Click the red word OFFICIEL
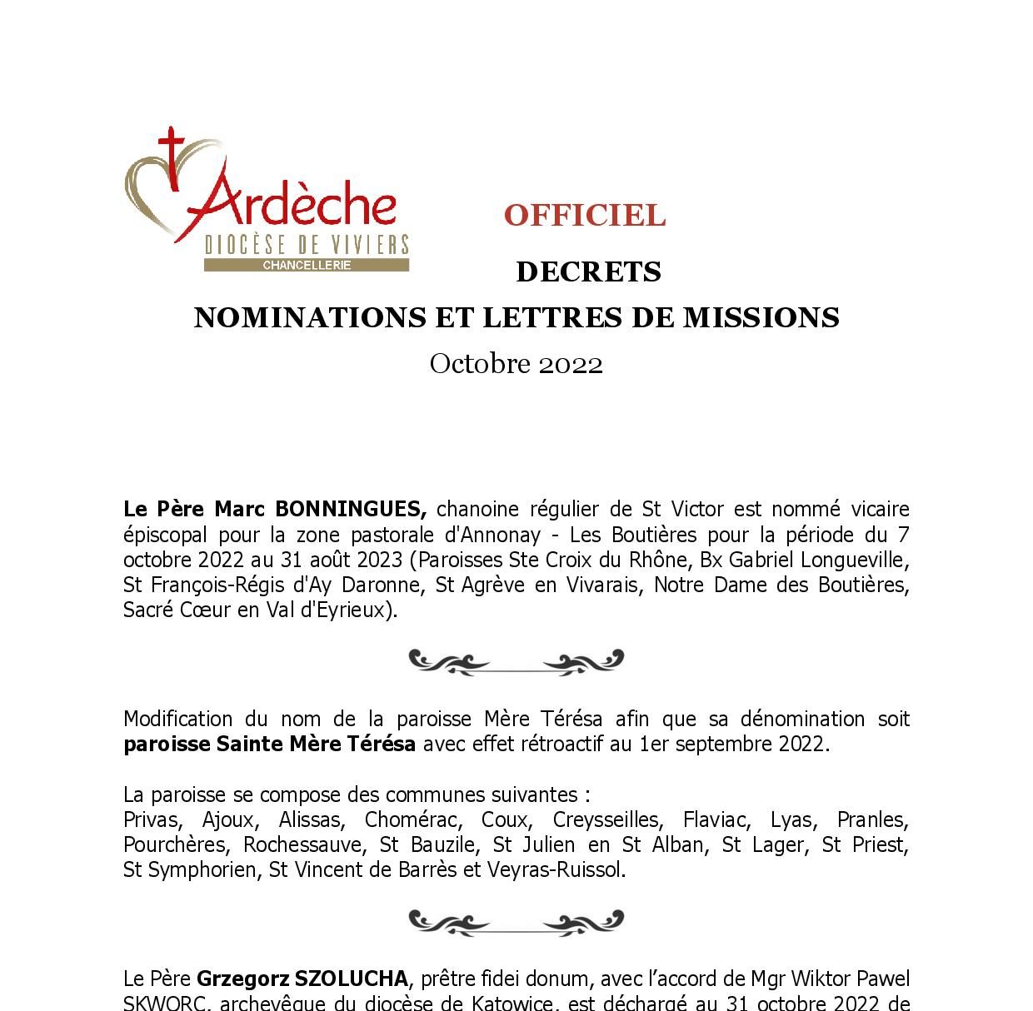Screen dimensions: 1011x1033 584,216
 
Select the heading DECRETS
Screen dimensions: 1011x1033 588,272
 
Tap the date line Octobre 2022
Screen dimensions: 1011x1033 516,364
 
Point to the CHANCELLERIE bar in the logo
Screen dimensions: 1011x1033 307,266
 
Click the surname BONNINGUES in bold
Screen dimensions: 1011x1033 351,509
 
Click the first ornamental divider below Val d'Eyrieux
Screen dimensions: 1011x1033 516,663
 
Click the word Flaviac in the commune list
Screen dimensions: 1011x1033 712,820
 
